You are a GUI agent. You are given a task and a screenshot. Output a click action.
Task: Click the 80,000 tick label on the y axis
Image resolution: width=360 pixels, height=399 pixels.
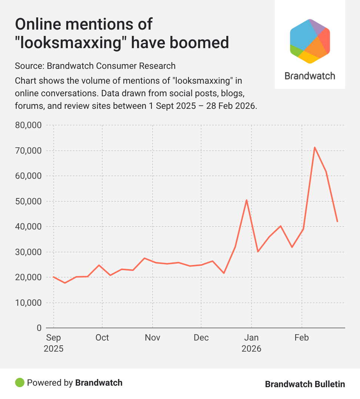point(28,125)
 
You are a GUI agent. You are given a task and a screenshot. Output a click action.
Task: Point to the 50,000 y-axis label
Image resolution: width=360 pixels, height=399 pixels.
point(28,201)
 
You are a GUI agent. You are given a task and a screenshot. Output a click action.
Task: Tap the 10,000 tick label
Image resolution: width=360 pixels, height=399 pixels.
point(28,303)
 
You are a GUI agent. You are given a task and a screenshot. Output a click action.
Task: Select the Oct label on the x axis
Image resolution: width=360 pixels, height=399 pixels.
point(102,338)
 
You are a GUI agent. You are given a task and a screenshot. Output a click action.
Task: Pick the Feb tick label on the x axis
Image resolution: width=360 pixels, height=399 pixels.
point(301,338)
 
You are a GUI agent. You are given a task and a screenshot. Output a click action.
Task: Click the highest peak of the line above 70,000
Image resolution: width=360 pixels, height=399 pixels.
point(314,147)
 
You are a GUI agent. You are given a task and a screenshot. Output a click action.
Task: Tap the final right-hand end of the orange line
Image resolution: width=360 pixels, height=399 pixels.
point(337,222)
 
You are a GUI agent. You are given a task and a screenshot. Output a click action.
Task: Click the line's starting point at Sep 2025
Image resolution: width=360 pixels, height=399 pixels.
point(54,277)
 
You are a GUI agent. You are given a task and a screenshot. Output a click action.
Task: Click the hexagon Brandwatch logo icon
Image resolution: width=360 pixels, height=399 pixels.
point(310,41)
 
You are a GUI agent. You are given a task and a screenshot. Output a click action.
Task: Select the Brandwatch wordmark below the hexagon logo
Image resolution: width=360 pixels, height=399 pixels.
point(310,76)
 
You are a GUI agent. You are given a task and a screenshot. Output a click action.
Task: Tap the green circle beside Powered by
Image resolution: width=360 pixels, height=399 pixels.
point(20,382)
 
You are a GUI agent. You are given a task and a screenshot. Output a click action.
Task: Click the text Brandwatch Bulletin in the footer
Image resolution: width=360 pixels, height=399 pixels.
point(305,384)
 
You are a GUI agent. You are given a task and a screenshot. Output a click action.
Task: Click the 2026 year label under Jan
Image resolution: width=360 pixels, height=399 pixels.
point(251,349)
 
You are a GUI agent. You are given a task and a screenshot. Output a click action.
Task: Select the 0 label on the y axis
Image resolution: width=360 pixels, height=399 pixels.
point(39,328)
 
